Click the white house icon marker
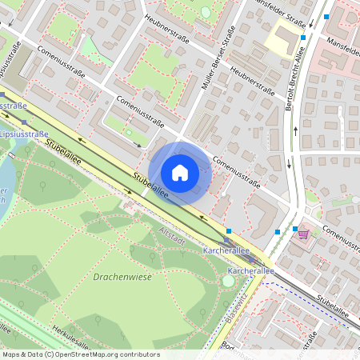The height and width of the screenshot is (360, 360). point(180,172)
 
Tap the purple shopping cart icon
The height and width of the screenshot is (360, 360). point(303,234)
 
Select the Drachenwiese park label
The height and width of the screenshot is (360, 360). point(123,277)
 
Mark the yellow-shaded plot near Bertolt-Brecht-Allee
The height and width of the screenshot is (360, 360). point(284,36)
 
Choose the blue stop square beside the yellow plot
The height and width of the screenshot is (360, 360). point(302,37)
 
